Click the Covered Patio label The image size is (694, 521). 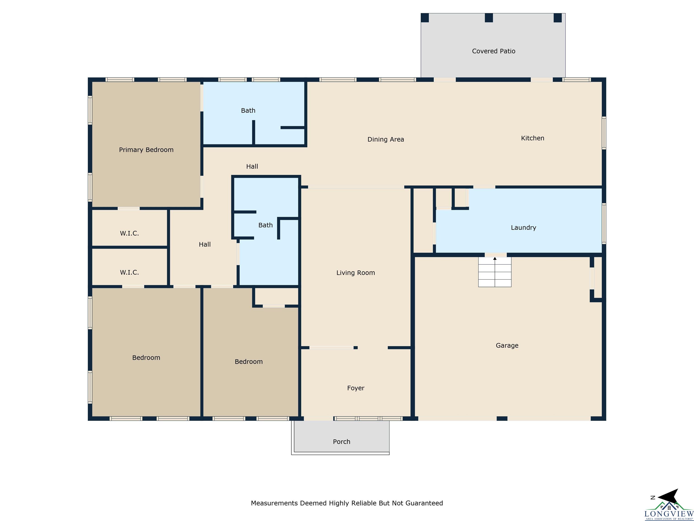point(494,51)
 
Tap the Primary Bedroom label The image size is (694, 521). point(146,150)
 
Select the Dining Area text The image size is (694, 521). point(386,140)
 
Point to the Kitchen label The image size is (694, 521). point(532,138)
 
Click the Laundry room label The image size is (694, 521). point(523,228)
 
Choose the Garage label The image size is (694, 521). point(507,346)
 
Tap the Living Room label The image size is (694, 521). point(355,273)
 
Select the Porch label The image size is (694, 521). point(341,442)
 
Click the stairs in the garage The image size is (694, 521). point(495,272)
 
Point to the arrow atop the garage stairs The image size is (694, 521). point(495,259)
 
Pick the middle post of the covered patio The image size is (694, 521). point(489,18)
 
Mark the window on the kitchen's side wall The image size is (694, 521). point(604,133)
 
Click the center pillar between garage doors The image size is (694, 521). point(502,418)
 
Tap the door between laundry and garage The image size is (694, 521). point(496,255)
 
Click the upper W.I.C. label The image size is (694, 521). point(129,233)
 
